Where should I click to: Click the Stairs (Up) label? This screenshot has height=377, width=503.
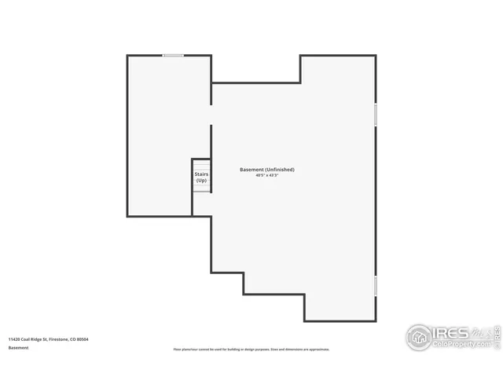pos(201,178)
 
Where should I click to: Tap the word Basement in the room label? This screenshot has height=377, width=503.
pos(251,170)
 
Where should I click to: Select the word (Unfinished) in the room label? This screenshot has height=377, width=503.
pos(280,170)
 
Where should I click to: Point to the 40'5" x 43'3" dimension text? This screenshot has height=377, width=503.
pos(267,176)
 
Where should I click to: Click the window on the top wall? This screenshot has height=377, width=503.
pos(174,55)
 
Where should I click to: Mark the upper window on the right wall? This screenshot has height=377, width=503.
pos(376,115)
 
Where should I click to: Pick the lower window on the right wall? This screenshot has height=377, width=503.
pos(376,285)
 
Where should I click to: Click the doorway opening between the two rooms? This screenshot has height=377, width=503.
pos(211,115)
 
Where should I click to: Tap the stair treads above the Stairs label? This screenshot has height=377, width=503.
pos(202,163)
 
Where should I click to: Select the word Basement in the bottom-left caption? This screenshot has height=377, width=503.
pos(18,347)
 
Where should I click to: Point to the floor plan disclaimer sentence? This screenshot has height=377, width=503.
pos(251,349)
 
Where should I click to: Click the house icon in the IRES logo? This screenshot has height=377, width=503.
pos(419,337)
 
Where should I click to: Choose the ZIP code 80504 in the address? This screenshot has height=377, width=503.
pos(83,339)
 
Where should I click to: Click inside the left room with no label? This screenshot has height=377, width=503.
pos(161,134)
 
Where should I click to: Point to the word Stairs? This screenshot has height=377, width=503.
pos(201,174)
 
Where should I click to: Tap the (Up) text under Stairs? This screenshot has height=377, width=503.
pos(201,181)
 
